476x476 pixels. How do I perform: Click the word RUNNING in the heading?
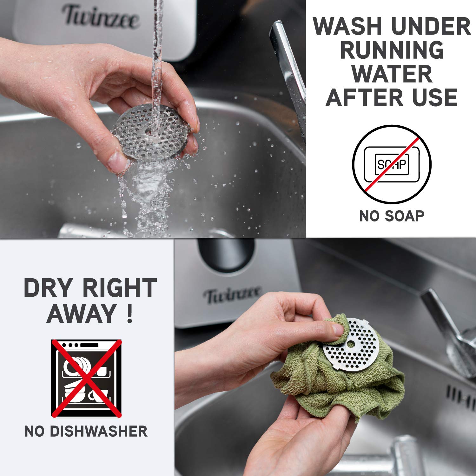pos(392,50)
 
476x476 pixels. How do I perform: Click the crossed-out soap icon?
pos(392,164)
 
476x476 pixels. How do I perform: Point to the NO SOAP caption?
pos(392,216)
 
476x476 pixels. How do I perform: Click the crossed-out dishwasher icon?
pos(87,378)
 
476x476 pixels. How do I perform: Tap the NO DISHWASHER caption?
pos(86,432)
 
